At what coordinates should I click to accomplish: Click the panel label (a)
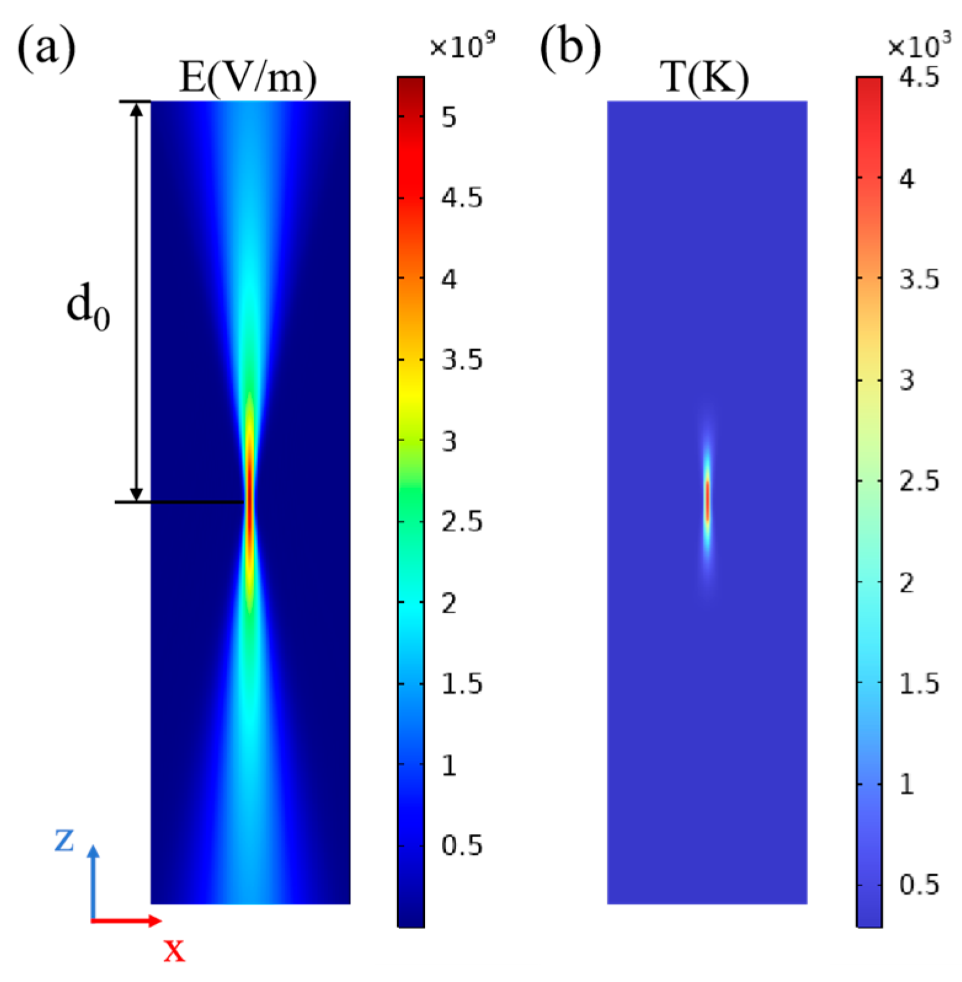point(47,48)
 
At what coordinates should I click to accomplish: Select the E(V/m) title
point(248,78)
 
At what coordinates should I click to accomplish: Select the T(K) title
point(705,78)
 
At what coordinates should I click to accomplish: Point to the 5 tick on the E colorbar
point(449,117)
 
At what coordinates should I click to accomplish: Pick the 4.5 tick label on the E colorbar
point(462,198)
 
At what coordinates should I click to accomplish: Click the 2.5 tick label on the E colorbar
point(462,522)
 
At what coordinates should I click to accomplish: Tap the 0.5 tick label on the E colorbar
point(462,846)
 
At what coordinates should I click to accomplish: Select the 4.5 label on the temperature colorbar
point(919,77)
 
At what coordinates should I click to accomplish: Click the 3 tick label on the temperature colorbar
point(907,380)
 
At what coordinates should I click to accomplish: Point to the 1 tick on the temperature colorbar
point(907,784)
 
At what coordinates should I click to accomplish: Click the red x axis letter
point(174,951)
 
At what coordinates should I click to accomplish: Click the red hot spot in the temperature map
point(707,501)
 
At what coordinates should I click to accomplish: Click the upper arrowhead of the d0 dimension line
point(137,109)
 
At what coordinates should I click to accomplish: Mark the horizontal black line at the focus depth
point(178,502)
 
